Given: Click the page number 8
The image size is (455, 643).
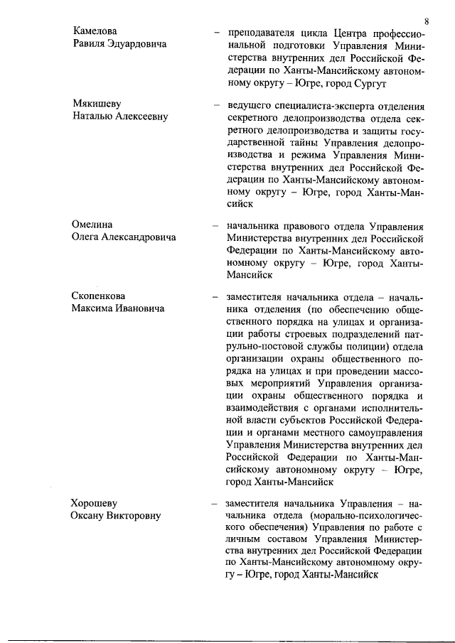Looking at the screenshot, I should pos(424,9).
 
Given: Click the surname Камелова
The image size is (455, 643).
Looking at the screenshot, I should pos(96,32).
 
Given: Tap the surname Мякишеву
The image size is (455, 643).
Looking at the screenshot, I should pos(97,104).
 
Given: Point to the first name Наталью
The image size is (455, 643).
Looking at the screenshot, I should pos(91,117).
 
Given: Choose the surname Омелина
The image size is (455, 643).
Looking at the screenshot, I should pos(92,225).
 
